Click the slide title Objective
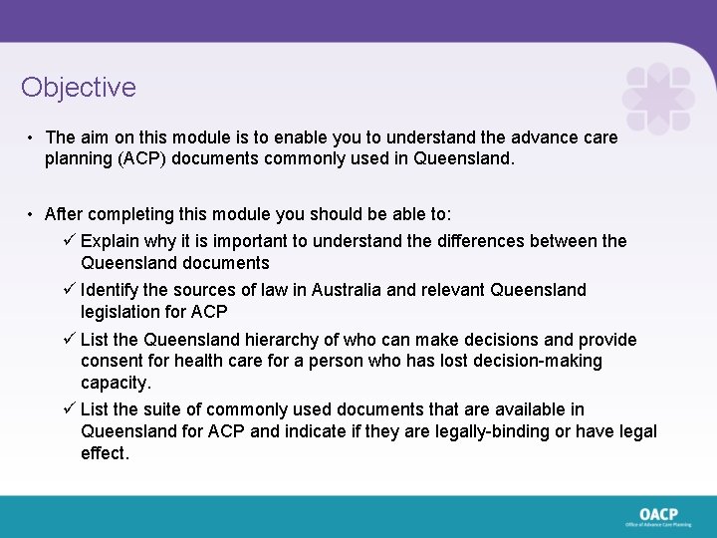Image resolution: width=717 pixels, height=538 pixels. (x=79, y=88)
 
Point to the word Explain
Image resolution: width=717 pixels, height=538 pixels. (x=111, y=240)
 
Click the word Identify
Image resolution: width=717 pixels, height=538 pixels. (x=112, y=290)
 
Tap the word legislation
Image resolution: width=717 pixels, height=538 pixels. (x=122, y=312)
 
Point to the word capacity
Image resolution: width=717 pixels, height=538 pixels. (x=116, y=383)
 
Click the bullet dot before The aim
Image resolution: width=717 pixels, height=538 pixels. (x=32, y=137)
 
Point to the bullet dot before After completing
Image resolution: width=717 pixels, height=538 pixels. (x=32, y=214)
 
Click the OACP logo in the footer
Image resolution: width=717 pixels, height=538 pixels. (x=658, y=516)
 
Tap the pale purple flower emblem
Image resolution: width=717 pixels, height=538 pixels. (x=657, y=98)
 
